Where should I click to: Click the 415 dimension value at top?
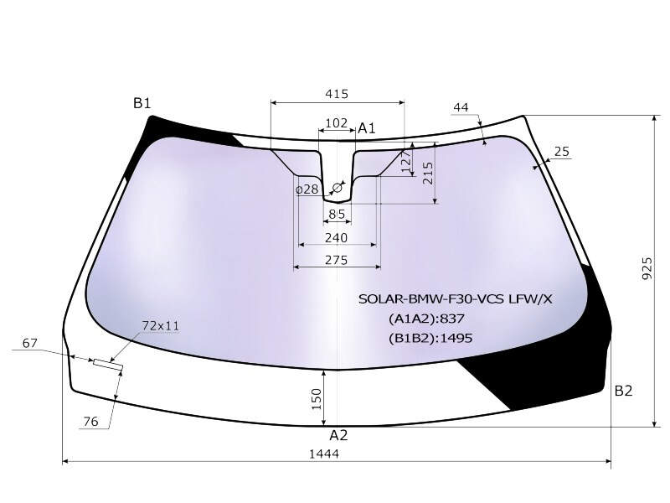coord(337,94)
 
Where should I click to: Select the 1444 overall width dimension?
coord(324,454)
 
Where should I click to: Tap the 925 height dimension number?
coord(647,268)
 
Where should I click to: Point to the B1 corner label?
coord(142,103)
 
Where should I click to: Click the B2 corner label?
coord(623,391)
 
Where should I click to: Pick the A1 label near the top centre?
coord(366,128)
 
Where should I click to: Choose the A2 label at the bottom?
coord(338,435)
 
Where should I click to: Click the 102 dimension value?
coord(337,123)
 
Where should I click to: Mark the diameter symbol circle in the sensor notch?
coord(338,187)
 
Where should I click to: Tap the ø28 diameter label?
coord(307,189)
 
